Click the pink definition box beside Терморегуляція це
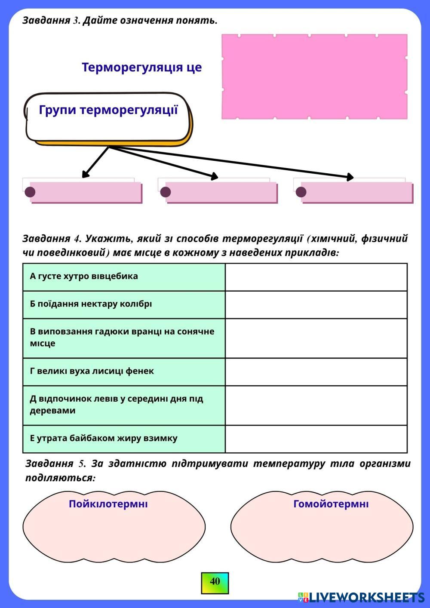click(314, 76)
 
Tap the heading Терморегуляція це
click(141, 68)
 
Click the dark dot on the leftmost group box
click(30, 192)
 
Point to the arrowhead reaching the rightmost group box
click(350, 177)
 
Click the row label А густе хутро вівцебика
click(84, 276)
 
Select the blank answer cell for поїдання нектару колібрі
click(316, 304)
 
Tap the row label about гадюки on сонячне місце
click(122, 338)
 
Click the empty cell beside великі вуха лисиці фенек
click(316, 372)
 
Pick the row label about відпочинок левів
click(116, 404)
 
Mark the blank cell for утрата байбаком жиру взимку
click(316, 439)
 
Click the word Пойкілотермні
click(108, 504)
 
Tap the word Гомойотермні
click(331, 504)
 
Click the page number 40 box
click(215, 582)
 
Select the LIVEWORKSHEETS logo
click(362, 597)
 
